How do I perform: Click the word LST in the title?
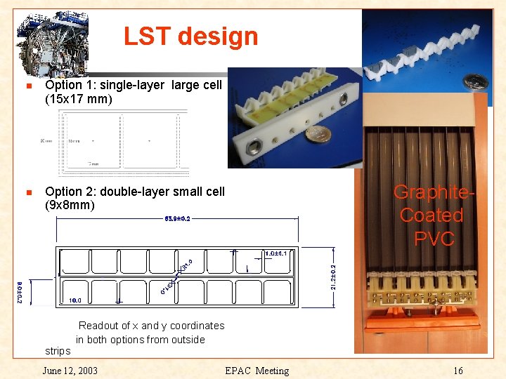pos(145,36)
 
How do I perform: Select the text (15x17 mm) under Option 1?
pos(79,100)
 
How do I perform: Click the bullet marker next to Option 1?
pos(28,86)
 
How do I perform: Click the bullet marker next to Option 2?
pos(28,192)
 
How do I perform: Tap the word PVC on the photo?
pos(434,239)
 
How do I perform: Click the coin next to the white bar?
pos(323,135)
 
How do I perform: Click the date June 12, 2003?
pos(70,371)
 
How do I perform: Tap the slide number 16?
pos(458,371)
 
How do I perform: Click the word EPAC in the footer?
pos(238,371)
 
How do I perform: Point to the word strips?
pos(58,351)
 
